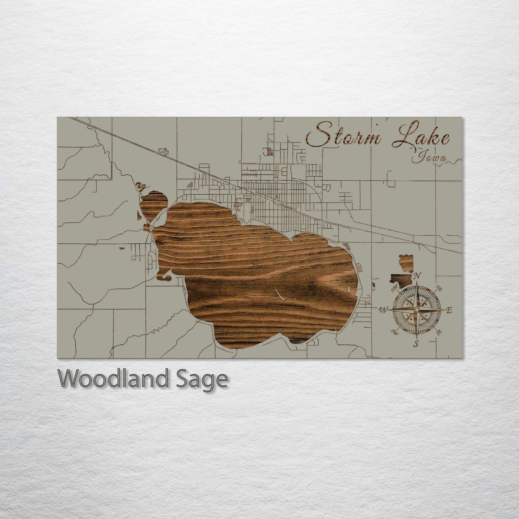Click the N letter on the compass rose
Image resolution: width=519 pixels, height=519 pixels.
[x=417, y=276]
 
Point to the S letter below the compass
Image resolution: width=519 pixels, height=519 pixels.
[x=416, y=344]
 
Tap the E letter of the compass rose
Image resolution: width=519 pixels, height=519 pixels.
[x=449, y=310]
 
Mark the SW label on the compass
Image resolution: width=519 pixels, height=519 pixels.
[x=394, y=331]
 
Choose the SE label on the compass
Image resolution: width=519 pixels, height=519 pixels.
[x=439, y=332]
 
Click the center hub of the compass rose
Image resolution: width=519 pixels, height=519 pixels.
[x=416, y=310]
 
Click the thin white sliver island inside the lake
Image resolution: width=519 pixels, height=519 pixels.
[x=279, y=294]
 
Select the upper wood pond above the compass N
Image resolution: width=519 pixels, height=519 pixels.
[x=407, y=263]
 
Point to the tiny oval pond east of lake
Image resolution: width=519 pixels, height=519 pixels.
[x=374, y=285]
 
